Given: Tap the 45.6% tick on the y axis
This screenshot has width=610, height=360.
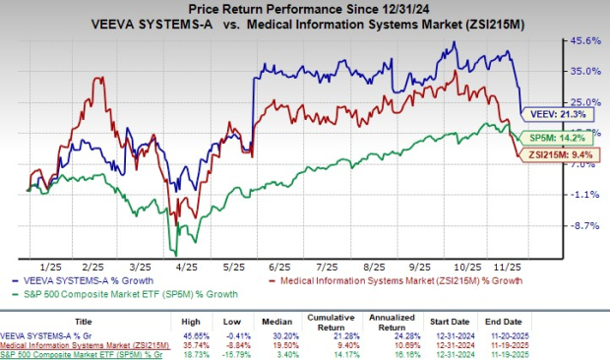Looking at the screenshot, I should point(585,40).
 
